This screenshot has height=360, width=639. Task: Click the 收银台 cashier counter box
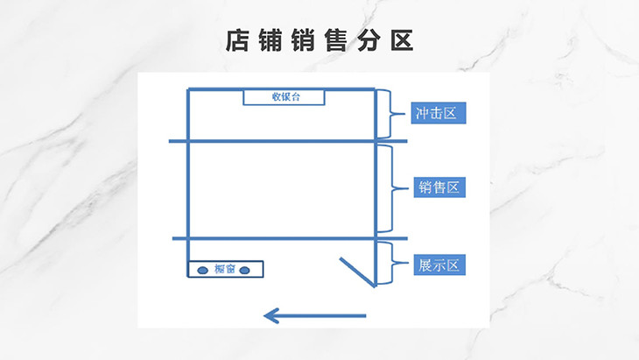click(284, 97)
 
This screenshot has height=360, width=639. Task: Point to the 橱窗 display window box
click(226, 269)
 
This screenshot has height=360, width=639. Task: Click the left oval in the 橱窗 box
click(202, 270)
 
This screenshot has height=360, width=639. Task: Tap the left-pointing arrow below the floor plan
click(314, 314)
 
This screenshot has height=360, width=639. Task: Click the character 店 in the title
click(236, 41)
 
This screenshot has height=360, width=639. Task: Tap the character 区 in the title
click(402, 41)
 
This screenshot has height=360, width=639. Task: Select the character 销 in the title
click(303, 41)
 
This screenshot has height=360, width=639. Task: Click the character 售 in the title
click(336, 41)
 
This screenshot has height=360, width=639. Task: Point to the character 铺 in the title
click(270, 41)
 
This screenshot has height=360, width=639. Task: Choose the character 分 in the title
click(369, 41)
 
